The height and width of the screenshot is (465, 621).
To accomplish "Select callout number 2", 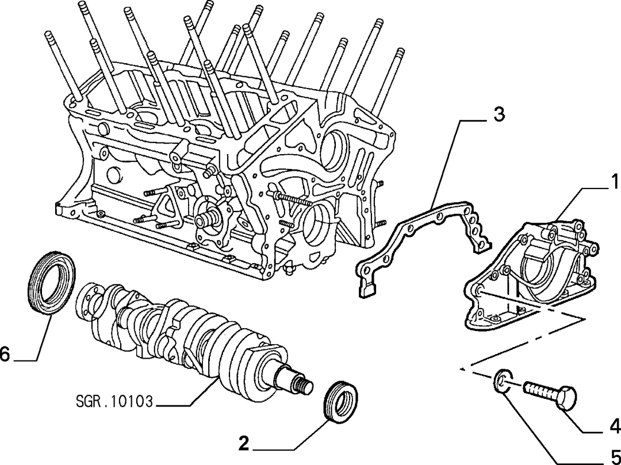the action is (x=244, y=443).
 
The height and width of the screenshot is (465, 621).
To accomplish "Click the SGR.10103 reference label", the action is (x=114, y=402).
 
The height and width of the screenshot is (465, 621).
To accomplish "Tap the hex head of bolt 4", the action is (x=566, y=397).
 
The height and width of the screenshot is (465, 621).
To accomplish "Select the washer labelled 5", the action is (x=501, y=381).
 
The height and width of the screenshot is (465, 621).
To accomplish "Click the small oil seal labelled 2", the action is (x=340, y=402).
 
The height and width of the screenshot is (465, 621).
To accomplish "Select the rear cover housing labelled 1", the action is (x=531, y=273).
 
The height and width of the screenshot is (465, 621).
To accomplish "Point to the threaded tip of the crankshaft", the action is (x=304, y=386).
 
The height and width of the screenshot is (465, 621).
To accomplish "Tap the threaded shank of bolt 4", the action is (x=541, y=389).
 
